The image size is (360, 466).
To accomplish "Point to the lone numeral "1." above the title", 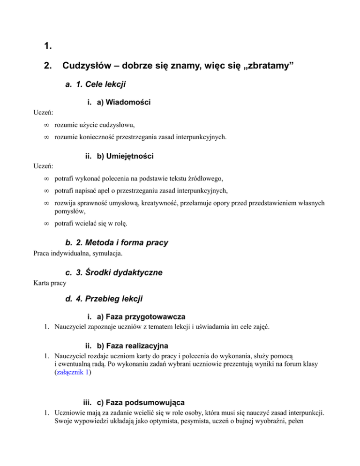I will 46,46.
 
